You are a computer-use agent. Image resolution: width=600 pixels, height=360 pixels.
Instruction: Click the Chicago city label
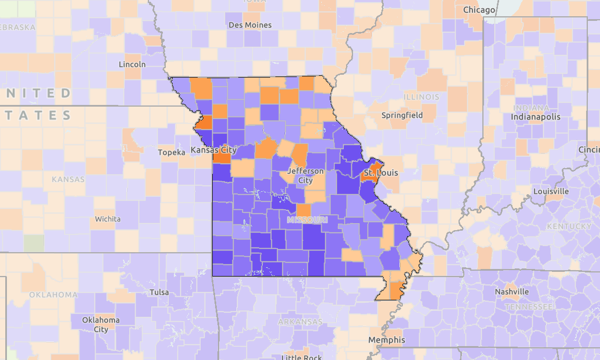(x=479, y=10)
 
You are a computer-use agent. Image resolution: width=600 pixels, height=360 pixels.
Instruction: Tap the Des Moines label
(x=249, y=25)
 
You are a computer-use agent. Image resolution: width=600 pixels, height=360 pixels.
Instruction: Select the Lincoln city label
(x=132, y=64)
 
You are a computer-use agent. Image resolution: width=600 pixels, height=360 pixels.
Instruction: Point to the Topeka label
(x=172, y=152)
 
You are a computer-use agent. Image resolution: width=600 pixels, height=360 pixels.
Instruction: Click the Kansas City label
(x=214, y=150)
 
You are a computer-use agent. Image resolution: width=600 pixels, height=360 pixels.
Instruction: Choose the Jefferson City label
(x=306, y=176)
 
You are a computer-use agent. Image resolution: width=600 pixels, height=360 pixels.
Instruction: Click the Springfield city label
(x=402, y=115)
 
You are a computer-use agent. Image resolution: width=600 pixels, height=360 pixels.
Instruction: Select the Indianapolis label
(x=536, y=117)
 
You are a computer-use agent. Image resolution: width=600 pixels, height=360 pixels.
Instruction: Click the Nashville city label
(x=512, y=292)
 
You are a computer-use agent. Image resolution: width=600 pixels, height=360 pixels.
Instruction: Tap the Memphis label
(x=387, y=340)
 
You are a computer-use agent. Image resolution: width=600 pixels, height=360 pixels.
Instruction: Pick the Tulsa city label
(x=159, y=292)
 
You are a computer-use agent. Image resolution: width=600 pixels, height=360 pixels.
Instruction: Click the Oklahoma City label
(x=101, y=325)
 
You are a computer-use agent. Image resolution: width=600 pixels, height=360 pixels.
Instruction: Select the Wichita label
(x=108, y=219)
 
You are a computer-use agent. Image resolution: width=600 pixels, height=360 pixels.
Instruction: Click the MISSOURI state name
(x=307, y=220)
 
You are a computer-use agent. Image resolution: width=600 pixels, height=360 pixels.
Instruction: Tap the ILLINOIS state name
(x=421, y=97)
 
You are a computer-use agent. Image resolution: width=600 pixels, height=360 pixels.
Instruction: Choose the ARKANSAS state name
(x=300, y=322)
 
